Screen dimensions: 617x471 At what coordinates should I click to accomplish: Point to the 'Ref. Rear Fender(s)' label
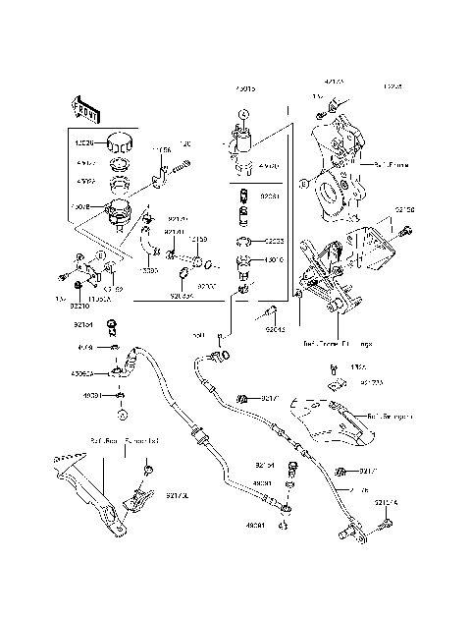click(125, 443)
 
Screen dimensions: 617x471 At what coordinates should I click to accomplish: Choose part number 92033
click(274, 240)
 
